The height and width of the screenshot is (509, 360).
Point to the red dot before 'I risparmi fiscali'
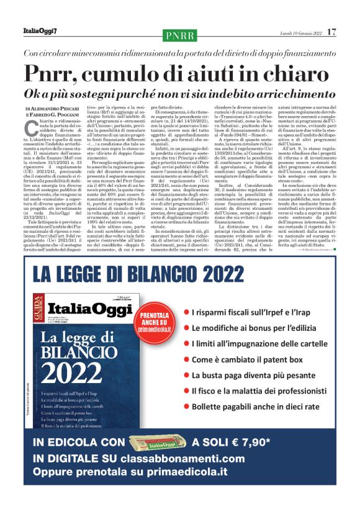coord(186,312)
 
